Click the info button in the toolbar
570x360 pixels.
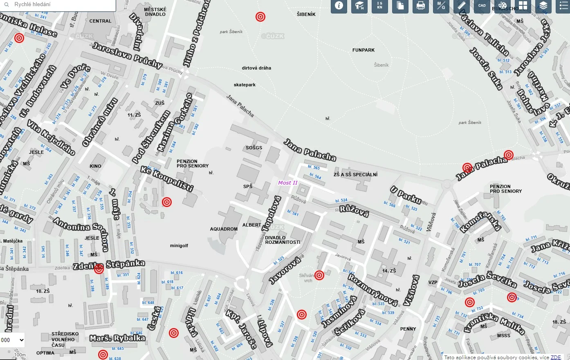(x=339, y=6)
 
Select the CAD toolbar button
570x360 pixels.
(x=482, y=6)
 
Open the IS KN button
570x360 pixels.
(x=379, y=6)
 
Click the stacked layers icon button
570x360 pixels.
(x=543, y=6)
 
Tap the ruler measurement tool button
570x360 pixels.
(x=461, y=6)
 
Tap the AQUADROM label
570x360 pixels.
(x=224, y=229)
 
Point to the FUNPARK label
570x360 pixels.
(x=364, y=50)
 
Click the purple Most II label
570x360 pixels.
(x=288, y=183)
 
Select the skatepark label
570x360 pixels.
(x=245, y=85)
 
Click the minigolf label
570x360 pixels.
(x=179, y=246)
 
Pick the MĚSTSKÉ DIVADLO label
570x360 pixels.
(x=155, y=12)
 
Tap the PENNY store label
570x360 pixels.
(x=408, y=329)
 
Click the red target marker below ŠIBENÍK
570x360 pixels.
(x=260, y=17)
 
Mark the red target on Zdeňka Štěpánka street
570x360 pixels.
(x=99, y=269)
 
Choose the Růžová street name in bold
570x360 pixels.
(x=354, y=211)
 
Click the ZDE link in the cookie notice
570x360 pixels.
(x=556, y=357)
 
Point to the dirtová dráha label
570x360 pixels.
(x=256, y=68)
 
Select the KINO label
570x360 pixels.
(x=96, y=166)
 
